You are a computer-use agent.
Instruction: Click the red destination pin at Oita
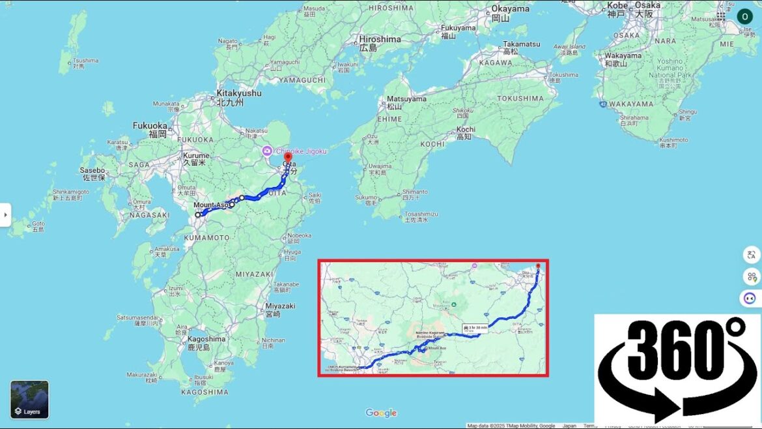pos(288,158)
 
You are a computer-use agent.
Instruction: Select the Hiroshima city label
pos(379,39)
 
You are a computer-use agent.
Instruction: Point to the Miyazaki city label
pos(280,306)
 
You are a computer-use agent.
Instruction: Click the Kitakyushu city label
pos(239,94)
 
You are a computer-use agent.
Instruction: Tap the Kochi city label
pos(465,130)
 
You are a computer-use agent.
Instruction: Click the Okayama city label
pos(510,9)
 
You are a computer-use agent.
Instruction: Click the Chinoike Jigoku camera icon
pos(267,151)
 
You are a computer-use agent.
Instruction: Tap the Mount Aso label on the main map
pos(211,205)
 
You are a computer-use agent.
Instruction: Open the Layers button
pos(29,399)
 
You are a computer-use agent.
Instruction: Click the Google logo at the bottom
pos(381,413)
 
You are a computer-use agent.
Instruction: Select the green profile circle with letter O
pos(744,16)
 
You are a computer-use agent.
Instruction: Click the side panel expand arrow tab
pos(5,214)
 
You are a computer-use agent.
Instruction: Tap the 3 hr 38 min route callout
pos(475,328)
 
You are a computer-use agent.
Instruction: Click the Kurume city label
pos(195,156)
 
